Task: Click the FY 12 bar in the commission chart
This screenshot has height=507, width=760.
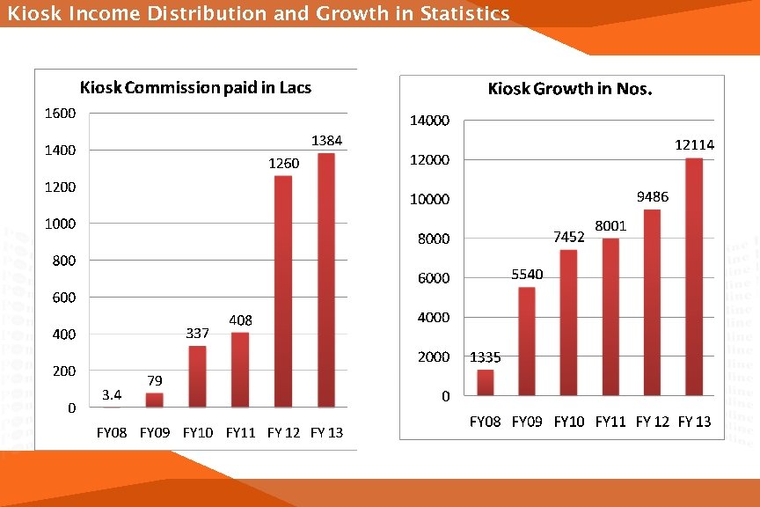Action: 283,291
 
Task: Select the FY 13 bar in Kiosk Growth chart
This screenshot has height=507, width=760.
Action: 695,277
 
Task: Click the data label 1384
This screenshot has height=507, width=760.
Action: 326,141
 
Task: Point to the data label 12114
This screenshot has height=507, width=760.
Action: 694,144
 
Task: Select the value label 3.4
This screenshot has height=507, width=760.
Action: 111,393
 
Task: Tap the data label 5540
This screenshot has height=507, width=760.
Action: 527,275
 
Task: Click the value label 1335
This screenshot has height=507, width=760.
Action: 486,357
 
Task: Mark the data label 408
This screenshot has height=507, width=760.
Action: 240,320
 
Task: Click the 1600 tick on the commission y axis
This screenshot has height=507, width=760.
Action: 60,113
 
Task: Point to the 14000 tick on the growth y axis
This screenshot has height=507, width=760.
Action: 431,120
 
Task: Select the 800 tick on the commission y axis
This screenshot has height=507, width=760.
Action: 63,261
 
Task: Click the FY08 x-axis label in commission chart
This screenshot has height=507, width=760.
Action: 112,432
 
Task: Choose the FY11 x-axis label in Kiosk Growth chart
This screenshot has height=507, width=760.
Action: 610,422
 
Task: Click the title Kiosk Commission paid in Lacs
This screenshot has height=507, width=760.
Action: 195,87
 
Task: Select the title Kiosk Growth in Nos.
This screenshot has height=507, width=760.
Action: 570,89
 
